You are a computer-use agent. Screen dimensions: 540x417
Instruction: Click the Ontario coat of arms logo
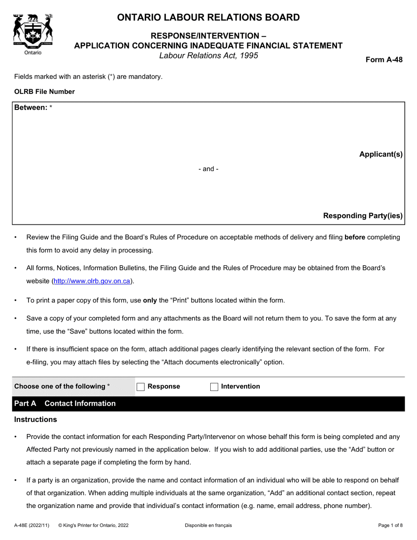pos(33,30)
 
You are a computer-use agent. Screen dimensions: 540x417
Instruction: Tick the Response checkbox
pos(140,387)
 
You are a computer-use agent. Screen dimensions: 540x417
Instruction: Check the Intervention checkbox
pos(214,387)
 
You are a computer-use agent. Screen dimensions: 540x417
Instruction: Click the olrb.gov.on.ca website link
pos(92,281)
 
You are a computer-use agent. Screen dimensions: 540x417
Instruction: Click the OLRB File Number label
pos(44,92)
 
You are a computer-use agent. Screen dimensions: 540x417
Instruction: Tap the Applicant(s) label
pos(381,154)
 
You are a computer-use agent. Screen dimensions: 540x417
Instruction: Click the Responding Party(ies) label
pos(363,216)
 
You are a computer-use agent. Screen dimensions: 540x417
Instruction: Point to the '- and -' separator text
pos(208,169)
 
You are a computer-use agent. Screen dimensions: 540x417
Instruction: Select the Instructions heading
pos(36,419)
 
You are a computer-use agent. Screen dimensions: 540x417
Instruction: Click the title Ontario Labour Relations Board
pos(208,18)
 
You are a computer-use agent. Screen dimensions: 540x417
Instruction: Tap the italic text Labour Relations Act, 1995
pos(208,56)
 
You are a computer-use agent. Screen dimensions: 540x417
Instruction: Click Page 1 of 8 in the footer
pos(390,525)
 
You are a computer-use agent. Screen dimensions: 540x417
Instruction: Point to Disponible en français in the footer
pos(208,525)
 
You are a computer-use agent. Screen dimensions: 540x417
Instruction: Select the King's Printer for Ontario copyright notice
pos(93,525)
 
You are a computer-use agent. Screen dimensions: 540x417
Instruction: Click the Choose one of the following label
pos(62,386)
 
